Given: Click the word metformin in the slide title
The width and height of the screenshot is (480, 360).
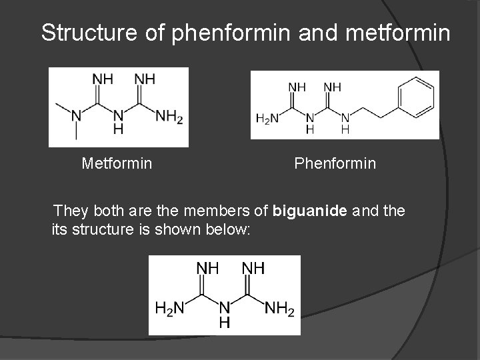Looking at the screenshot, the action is tap(399, 33).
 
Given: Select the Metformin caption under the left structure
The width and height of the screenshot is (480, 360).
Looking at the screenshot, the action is tap(117, 163).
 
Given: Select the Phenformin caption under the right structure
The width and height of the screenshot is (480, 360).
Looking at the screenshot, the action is tap(335, 163).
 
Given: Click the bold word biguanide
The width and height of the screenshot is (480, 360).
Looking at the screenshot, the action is tap(309, 212).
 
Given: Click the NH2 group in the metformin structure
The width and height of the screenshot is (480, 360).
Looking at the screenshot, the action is tap(169, 117).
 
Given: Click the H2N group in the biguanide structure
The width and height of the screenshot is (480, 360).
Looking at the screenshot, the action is tap(169, 308).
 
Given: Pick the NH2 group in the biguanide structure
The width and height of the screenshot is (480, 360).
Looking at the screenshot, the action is tap(279, 308).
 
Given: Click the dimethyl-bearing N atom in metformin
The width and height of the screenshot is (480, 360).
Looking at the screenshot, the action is tap(76, 116).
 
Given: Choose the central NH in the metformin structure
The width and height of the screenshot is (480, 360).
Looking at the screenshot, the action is tap(118, 122).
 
